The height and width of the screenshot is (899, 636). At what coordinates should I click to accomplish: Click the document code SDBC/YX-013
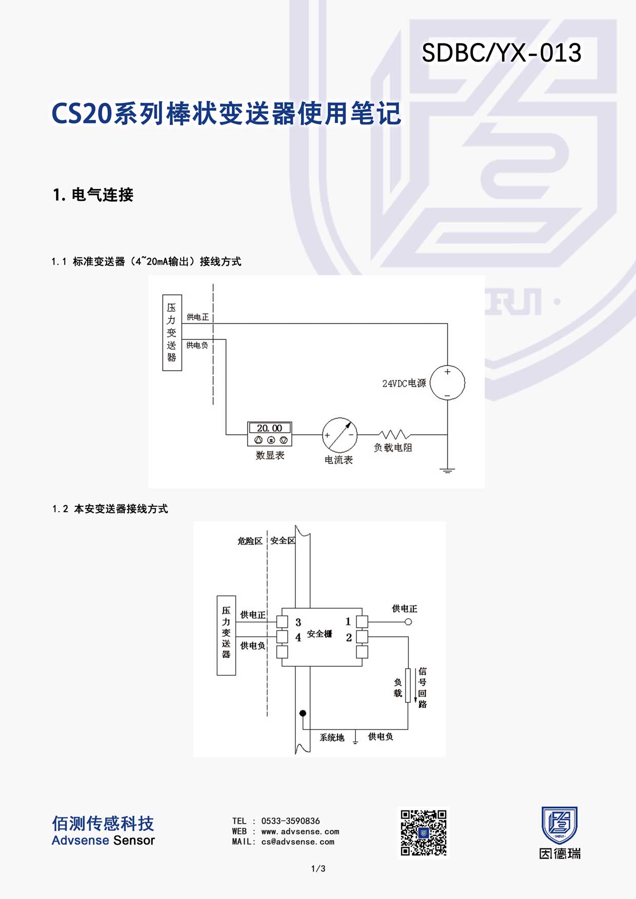coord(502,53)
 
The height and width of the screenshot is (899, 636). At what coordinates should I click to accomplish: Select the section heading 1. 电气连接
coord(93,195)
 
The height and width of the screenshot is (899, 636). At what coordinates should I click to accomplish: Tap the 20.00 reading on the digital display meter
coord(270,428)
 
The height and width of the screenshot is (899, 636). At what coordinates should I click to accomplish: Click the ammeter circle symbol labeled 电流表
coord(340,435)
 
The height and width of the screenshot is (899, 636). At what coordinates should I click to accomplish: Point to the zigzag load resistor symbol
coord(394,435)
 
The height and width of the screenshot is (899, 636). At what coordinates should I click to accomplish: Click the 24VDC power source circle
coord(447,383)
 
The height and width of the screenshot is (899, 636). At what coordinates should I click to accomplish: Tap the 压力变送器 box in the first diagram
coord(172,333)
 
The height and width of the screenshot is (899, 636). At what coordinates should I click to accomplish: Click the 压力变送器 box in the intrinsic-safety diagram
coord(226,636)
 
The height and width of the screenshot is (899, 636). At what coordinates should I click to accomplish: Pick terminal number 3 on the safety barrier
coord(298,622)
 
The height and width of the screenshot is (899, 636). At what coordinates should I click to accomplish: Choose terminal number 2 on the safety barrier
coord(349,638)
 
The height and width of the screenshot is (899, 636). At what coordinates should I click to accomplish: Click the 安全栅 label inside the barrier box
coord(320,634)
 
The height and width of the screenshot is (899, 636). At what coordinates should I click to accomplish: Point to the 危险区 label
coord(250,541)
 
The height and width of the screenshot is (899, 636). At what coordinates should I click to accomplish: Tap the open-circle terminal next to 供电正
coord(408,622)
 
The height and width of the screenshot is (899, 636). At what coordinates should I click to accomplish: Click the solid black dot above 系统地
coord(303,713)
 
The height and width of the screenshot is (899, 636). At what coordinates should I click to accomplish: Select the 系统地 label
coord(332,738)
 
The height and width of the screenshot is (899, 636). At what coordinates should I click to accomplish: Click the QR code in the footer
coord(424,833)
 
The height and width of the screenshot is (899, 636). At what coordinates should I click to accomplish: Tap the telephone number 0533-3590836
coord(290,821)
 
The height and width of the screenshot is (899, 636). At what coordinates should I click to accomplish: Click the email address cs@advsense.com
coord(297,842)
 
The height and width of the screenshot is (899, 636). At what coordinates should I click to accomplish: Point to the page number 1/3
coord(318,869)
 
